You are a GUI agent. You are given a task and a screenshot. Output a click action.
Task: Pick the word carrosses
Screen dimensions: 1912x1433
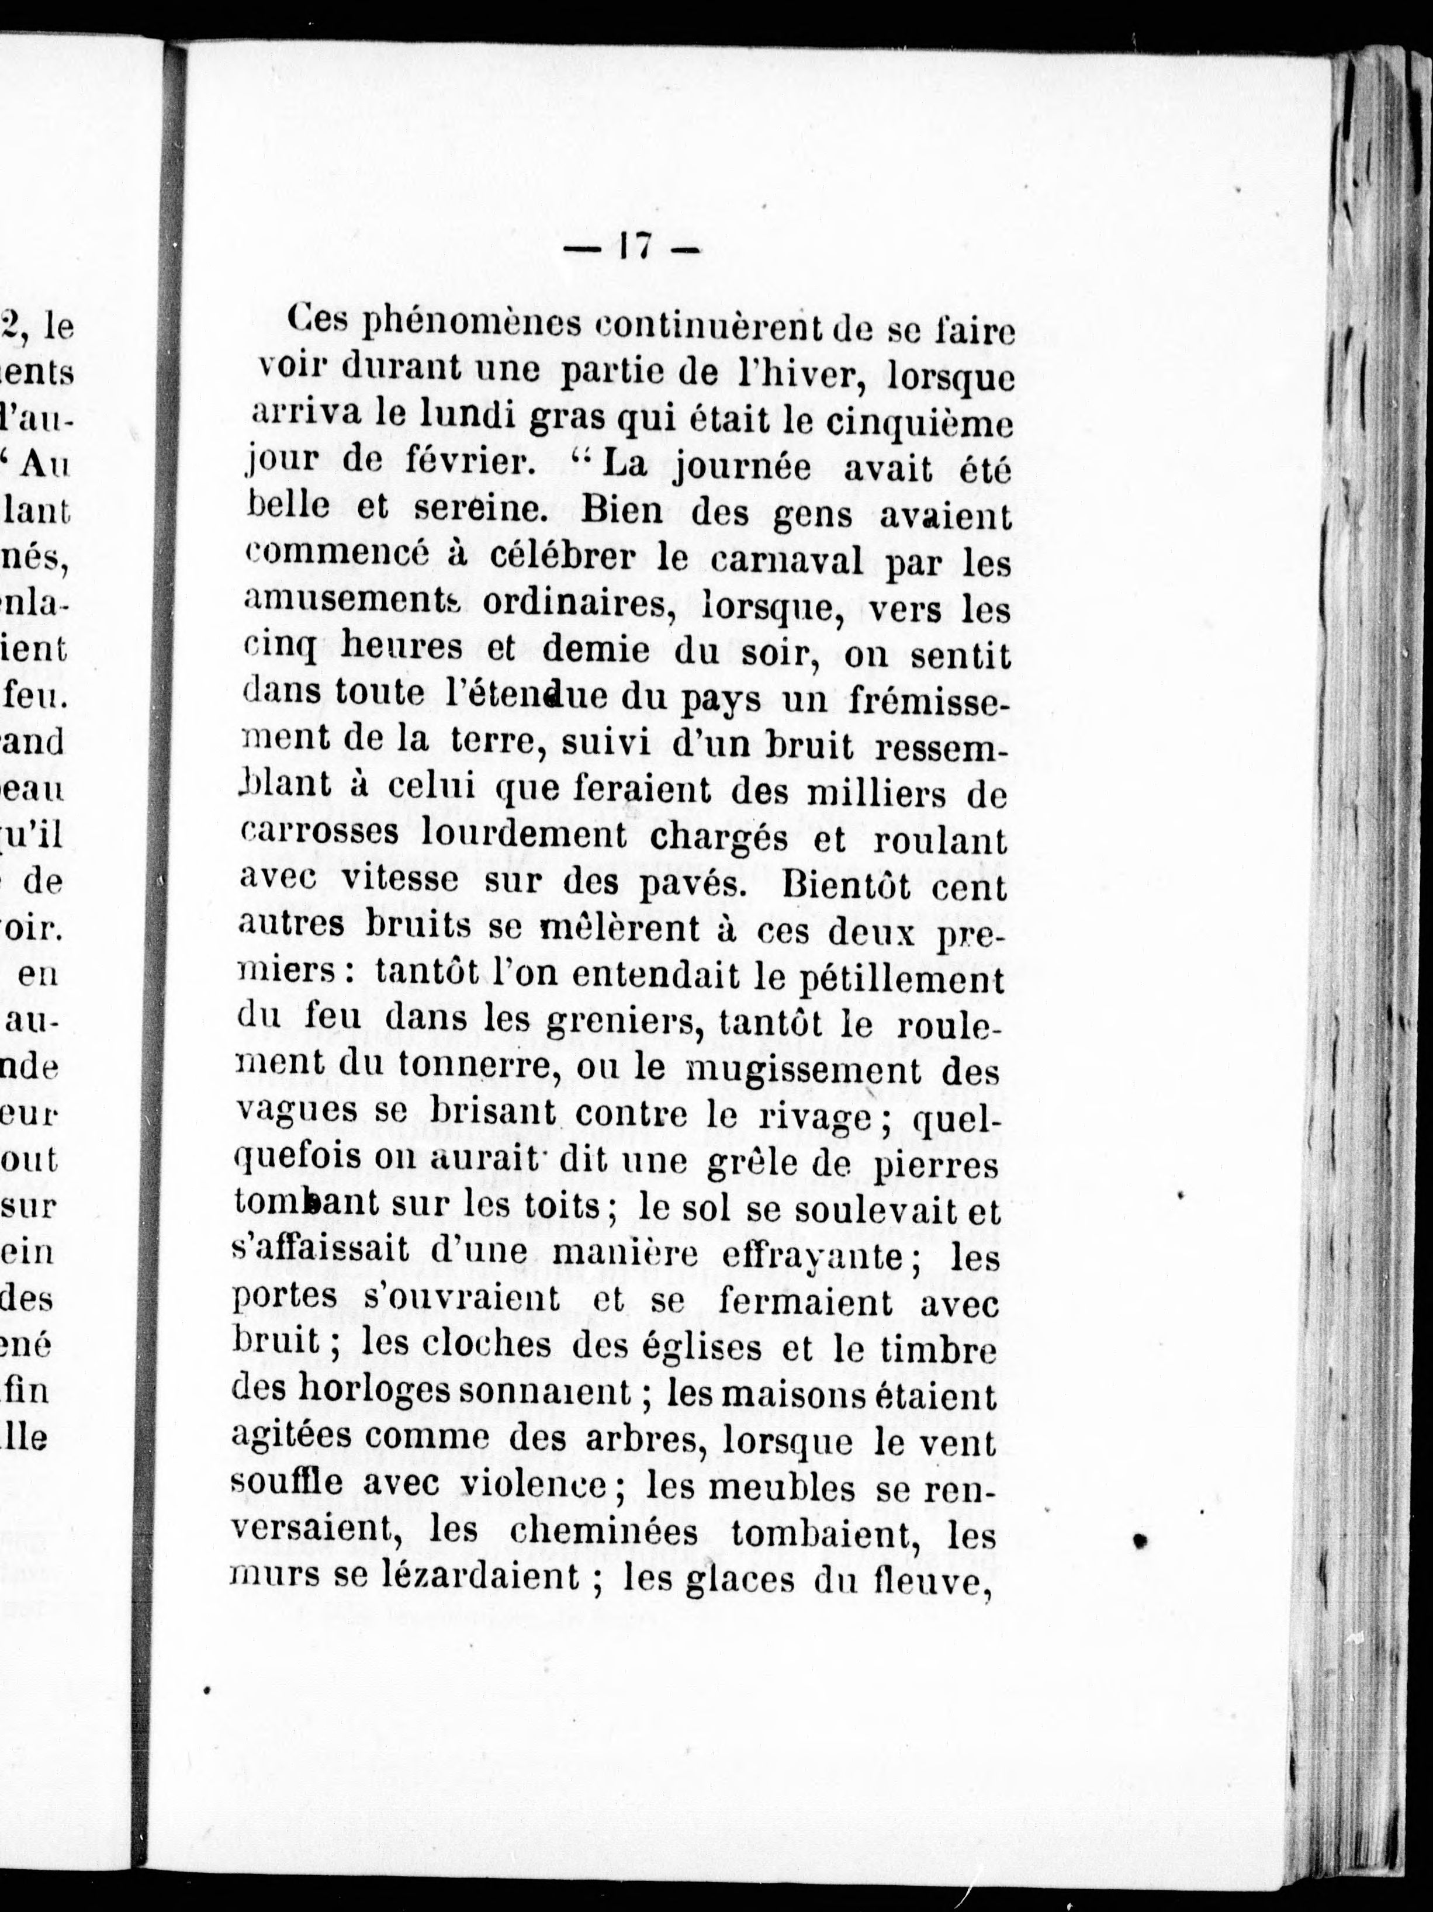click(x=320, y=833)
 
